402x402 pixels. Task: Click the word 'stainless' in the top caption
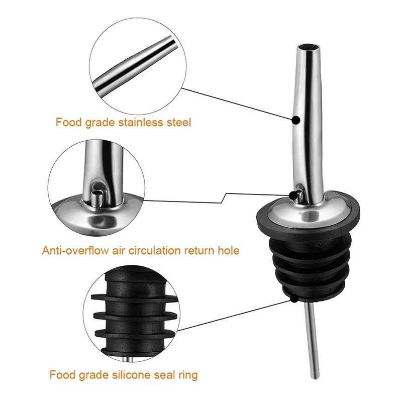[x=141, y=122]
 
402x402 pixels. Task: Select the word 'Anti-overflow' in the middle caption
[x=75, y=250]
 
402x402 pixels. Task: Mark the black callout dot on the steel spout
[x=296, y=120]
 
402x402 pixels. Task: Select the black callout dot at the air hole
[x=292, y=195]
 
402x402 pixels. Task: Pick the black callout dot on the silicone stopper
[x=294, y=298]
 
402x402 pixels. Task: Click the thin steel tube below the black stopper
[x=313, y=340]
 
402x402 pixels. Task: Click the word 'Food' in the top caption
[x=69, y=122]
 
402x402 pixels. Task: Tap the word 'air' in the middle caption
[x=119, y=250]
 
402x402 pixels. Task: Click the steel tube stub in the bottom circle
[x=128, y=359]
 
